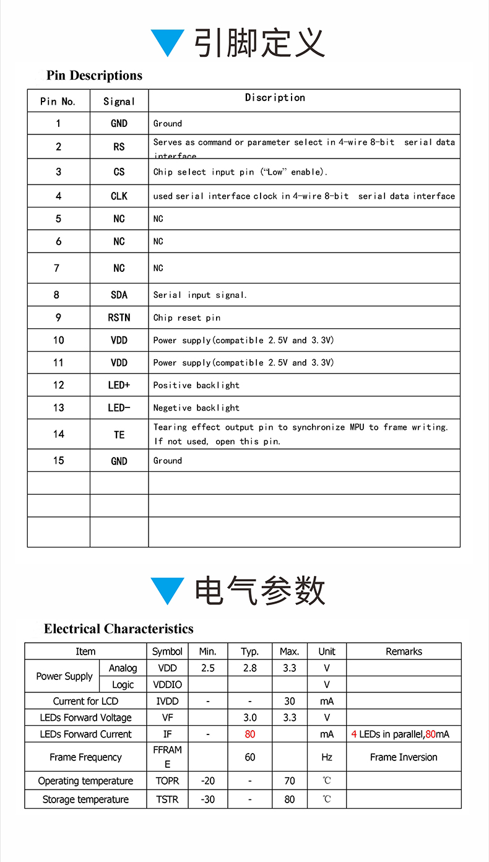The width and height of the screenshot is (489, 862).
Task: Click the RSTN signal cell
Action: pyautogui.click(x=119, y=318)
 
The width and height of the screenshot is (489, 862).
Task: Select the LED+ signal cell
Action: pyautogui.click(x=119, y=385)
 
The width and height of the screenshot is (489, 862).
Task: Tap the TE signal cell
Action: pyautogui.click(x=119, y=435)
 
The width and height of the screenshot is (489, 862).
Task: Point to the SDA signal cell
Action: pyautogui.click(x=119, y=295)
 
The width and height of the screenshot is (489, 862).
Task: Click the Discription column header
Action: pyautogui.click(x=275, y=98)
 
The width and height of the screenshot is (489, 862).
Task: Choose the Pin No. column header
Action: pyautogui.click(x=58, y=102)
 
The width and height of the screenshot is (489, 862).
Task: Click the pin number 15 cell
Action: pyautogui.click(x=58, y=461)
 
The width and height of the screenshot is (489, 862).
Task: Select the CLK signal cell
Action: pyautogui.click(x=119, y=196)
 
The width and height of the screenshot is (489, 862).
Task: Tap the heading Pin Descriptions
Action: pyautogui.click(x=94, y=76)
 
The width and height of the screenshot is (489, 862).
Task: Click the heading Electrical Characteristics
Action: pyautogui.click(x=118, y=629)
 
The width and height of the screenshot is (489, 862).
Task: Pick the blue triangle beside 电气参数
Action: pyautogui.click(x=168, y=590)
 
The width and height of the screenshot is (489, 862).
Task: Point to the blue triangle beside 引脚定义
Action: pyautogui.click(x=168, y=43)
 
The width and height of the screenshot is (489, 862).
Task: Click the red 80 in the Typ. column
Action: pyautogui.click(x=250, y=734)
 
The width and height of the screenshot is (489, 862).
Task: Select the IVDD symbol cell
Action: pyautogui.click(x=167, y=701)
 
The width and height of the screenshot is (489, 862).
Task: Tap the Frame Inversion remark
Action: pyautogui.click(x=404, y=757)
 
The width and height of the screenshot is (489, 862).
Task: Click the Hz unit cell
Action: pyautogui.click(x=327, y=757)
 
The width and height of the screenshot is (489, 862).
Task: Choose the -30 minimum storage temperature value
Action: pyautogui.click(x=208, y=799)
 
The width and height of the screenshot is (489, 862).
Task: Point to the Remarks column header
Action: pyautogui.click(x=404, y=651)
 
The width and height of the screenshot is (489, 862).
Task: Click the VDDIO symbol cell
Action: pyautogui.click(x=167, y=685)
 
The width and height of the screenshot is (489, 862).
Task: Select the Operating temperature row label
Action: pyautogui.click(x=85, y=781)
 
